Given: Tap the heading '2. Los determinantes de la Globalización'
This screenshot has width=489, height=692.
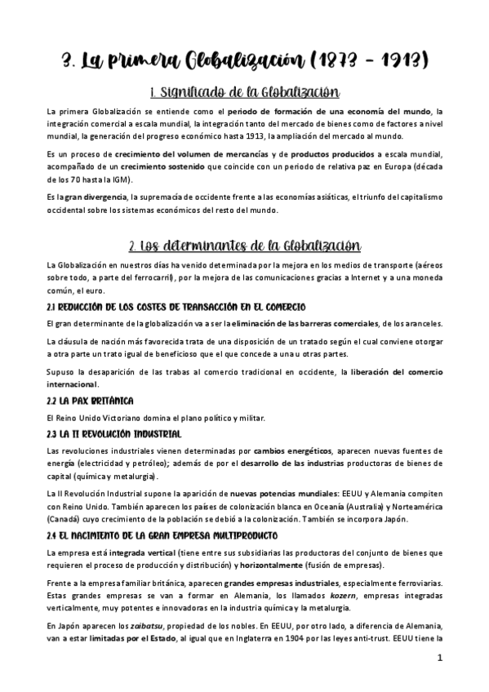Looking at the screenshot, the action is click(244, 246).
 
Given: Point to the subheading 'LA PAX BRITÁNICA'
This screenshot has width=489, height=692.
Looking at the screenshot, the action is click(91, 401).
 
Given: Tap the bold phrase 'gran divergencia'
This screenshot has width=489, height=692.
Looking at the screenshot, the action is click(96, 197).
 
